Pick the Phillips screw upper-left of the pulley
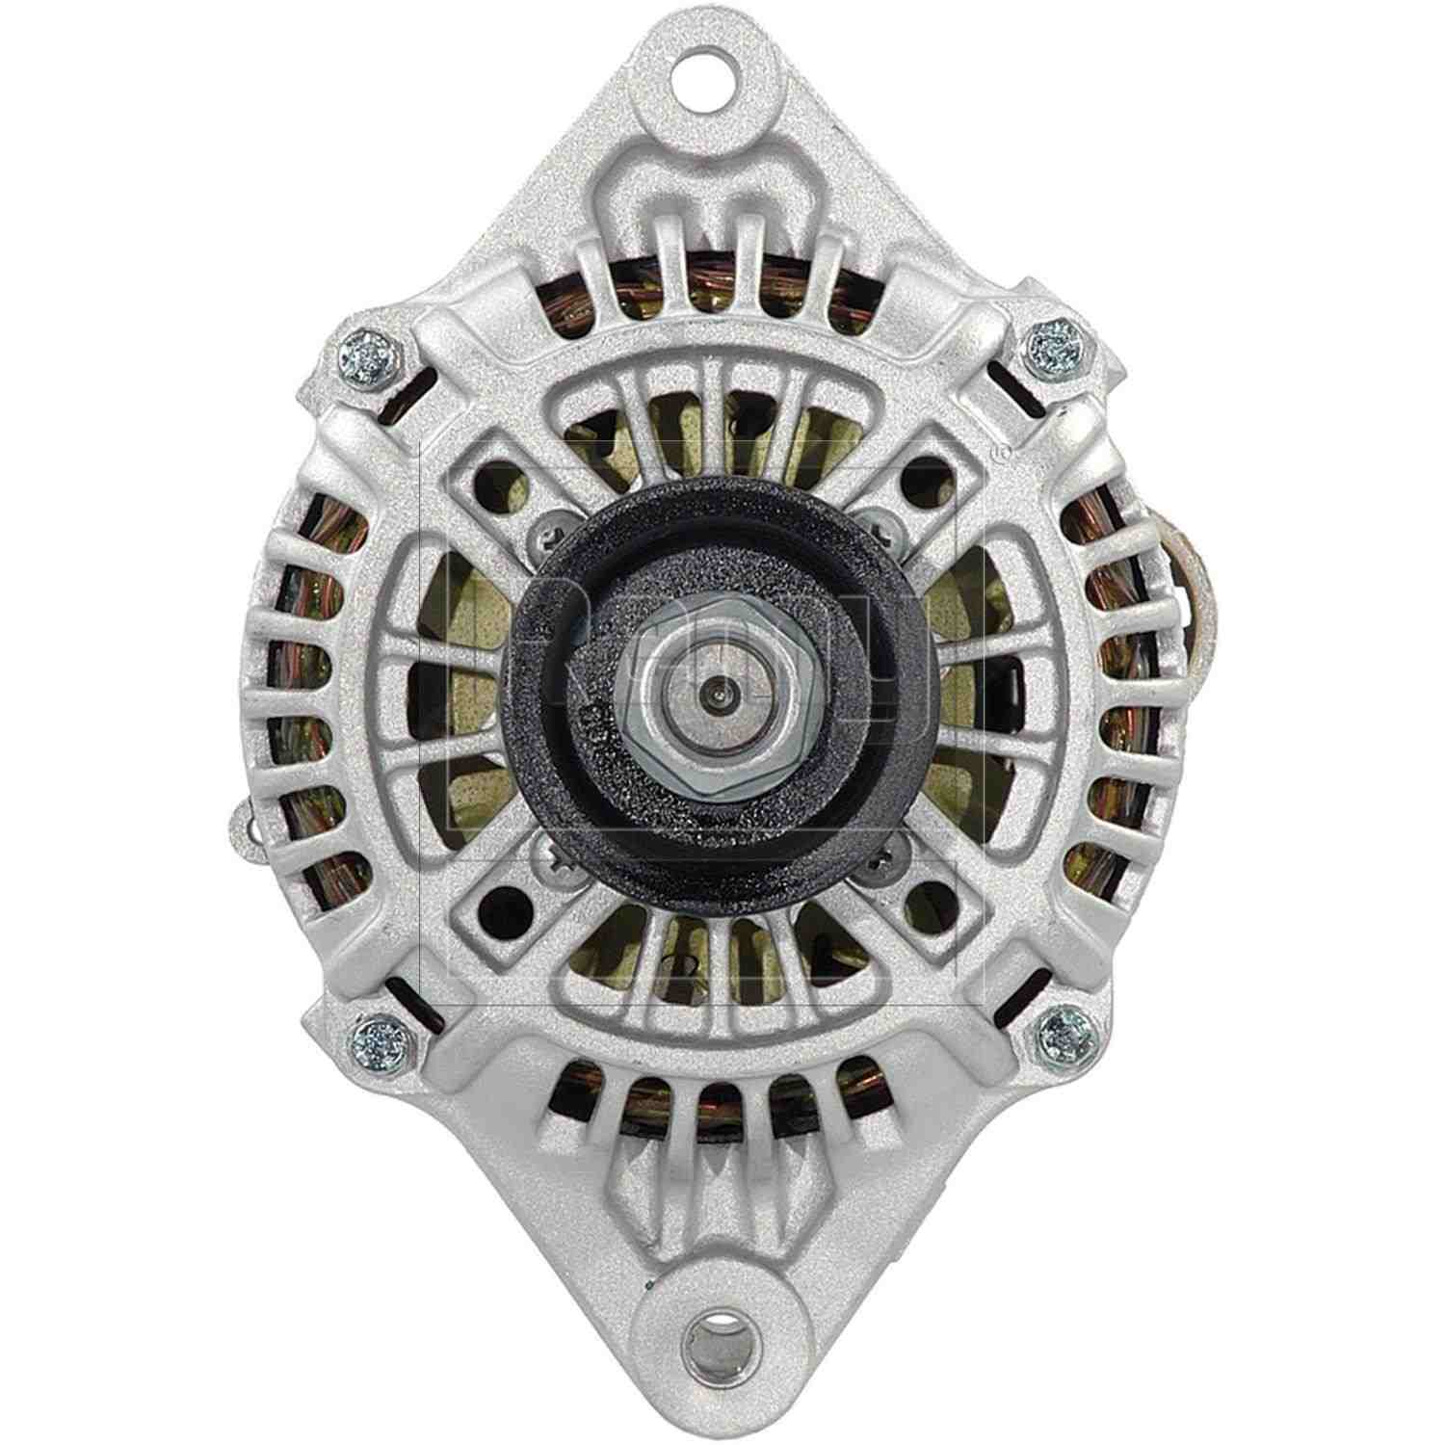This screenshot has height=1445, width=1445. tap(546, 526)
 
